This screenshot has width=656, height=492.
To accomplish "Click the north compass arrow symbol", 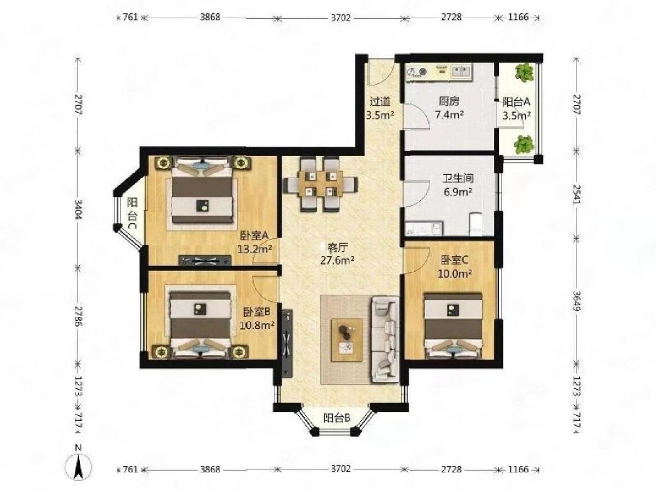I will tap(78, 465).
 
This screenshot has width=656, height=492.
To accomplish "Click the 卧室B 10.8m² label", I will tap(256, 318).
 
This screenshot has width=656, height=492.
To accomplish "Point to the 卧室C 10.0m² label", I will tap(455, 266).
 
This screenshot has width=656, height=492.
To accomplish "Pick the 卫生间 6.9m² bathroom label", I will tap(458, 184).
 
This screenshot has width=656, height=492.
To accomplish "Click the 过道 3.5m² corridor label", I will tap(380, 109).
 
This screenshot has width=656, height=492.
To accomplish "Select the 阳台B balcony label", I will tap(337, 418).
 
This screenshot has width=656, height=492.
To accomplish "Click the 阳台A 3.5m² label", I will tap(516, 109).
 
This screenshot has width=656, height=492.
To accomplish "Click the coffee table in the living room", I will tap(347, 340).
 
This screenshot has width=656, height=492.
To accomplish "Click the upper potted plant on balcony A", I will tap(524, 73).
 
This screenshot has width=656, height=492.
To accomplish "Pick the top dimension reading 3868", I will tap(210, 17).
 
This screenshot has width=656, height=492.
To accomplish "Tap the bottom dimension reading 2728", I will tap(451, 469).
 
